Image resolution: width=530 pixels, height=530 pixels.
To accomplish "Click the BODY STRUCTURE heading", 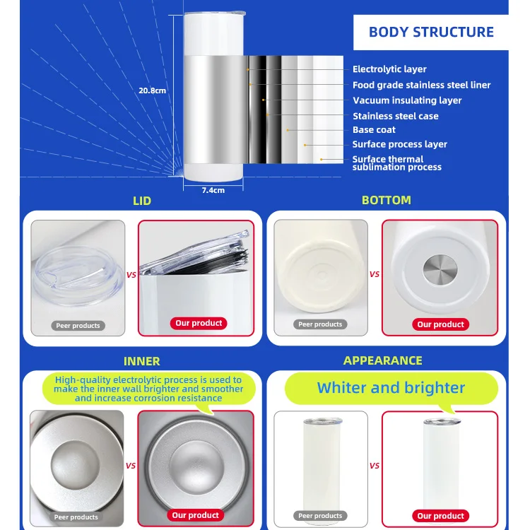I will tap(431, 32).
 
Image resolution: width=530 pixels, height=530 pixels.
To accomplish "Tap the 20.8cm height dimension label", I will tap(152, 90).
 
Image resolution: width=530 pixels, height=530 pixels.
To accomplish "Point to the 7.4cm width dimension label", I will tap(213, 190).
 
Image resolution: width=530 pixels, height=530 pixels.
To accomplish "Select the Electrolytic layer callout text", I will tap(389, 69).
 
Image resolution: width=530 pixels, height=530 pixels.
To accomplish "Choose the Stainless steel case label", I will tap(395, 116).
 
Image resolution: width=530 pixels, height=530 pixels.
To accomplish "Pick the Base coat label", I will tap(374, 130).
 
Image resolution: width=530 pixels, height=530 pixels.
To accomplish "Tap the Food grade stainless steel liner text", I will tap(421, 85).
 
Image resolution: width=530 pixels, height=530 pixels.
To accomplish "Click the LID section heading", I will tap(142, 201).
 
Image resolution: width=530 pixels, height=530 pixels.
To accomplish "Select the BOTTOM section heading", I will tap(386, 201).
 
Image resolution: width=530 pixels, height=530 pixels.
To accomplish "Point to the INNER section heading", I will tap(142, 361).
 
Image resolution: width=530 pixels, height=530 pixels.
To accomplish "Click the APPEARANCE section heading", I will tap(382, 360).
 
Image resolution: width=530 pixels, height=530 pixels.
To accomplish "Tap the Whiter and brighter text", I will tap(391, 388).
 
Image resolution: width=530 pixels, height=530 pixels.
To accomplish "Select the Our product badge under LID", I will tap(198, 323).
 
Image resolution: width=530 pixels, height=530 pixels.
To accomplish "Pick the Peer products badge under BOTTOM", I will tap(319, 324).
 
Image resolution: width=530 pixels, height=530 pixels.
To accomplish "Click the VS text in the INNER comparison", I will tap(131, 466).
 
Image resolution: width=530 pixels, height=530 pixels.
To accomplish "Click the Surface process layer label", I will tap(399, 144).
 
